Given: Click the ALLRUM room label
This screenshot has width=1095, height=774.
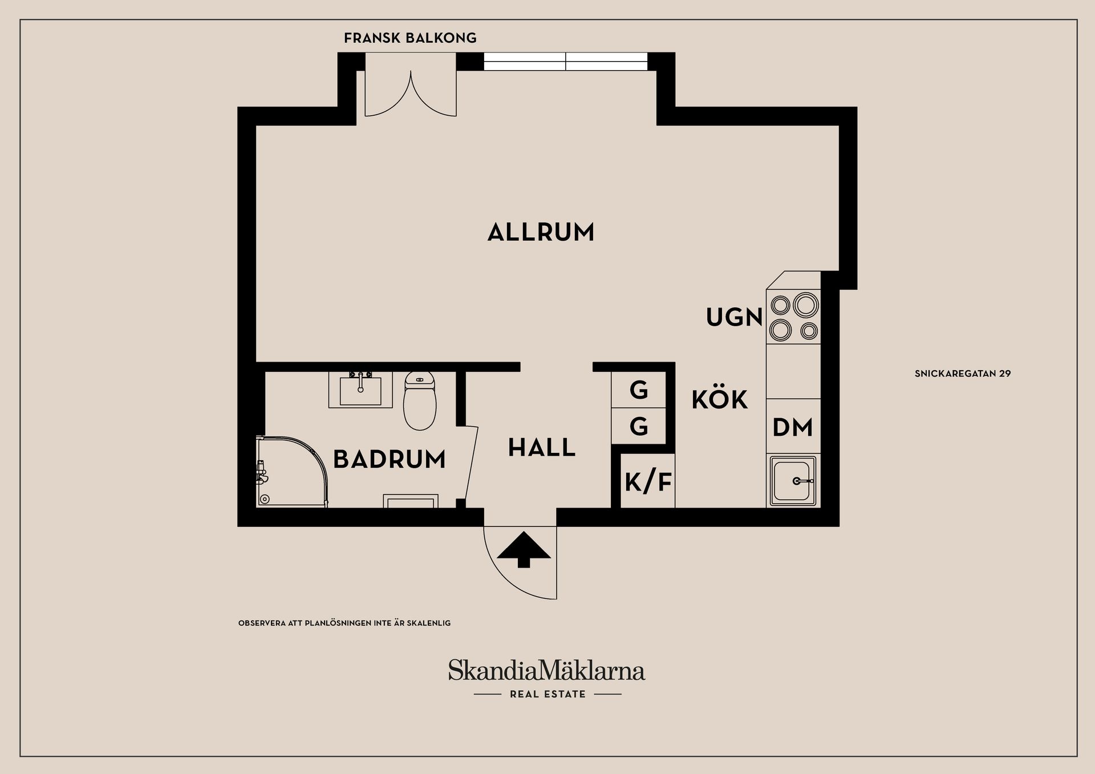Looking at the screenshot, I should (541, 233).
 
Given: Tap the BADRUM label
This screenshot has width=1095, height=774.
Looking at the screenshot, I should (389, 459).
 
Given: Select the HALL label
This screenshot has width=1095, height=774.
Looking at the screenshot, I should (542, 448).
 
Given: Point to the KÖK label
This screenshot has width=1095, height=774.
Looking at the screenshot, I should (720, 400).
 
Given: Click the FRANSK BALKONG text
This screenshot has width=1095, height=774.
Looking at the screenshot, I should (410, 38).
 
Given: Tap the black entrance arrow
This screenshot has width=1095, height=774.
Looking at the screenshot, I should (524, 550).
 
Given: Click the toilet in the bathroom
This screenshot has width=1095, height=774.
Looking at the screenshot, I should (420, 402).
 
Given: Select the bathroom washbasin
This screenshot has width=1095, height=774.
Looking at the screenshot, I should (360, 390).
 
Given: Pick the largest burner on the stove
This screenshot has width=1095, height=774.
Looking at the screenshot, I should (805, 305).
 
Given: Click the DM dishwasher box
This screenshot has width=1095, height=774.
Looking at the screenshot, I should (793, 427).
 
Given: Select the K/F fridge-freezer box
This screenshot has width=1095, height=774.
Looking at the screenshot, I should (648, 482).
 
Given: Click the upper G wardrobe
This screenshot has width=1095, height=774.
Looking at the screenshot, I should (639, 391).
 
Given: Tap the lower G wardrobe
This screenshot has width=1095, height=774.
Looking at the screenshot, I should (639, 427).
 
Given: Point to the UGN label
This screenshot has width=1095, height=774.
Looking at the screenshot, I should (734, 318).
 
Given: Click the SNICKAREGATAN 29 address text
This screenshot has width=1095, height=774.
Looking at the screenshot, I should (962, 374).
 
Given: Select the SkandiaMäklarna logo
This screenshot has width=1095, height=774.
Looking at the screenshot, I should (546, 670).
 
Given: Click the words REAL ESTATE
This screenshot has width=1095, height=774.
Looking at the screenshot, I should (547, 694).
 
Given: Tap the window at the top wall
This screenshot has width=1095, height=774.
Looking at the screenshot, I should (565, 61).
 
